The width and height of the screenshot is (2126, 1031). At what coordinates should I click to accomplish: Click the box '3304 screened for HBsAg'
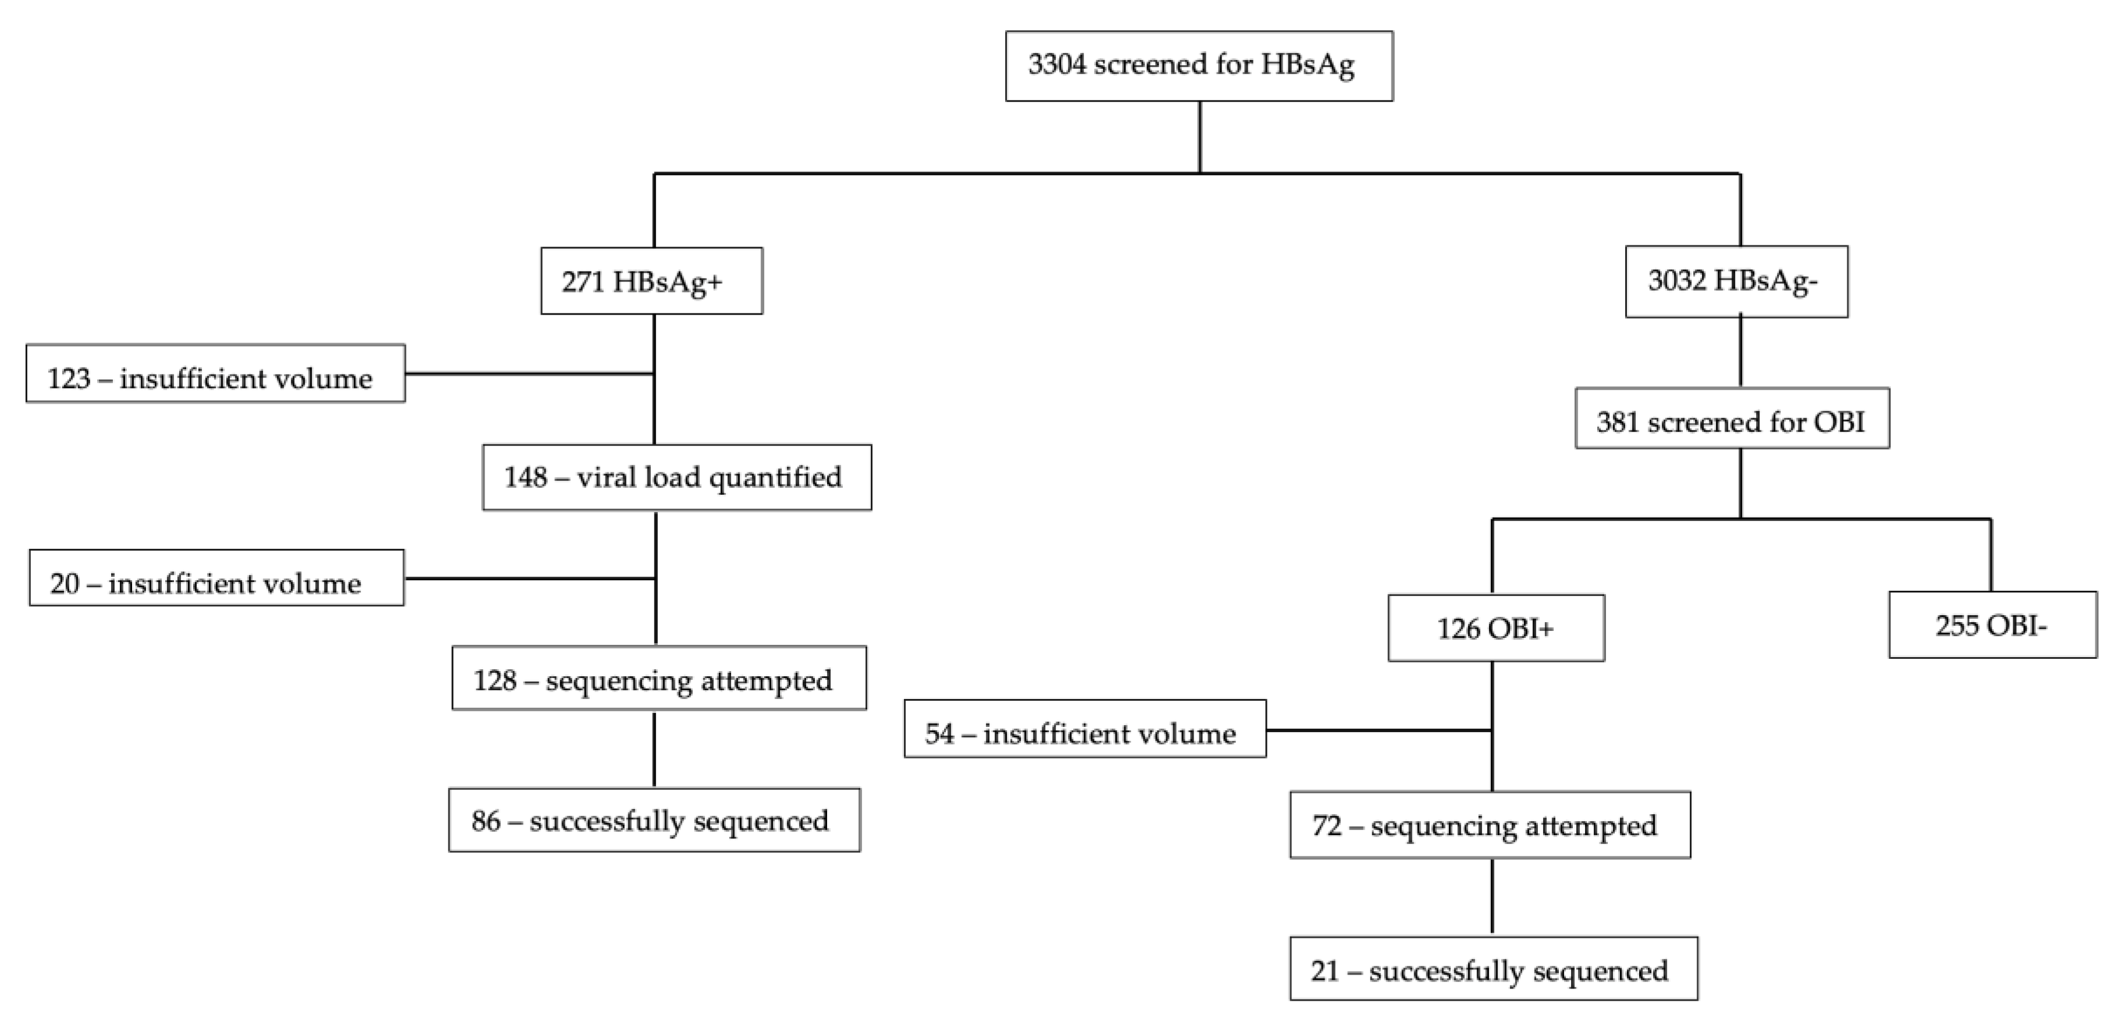[x=1198, y=66]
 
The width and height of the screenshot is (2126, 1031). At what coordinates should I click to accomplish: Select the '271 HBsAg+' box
[x=651, y=281]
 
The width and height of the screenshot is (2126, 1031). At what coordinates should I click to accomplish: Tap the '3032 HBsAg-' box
[x=1736, y=281]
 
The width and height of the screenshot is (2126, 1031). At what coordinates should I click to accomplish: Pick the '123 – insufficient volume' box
[x=215, y=374]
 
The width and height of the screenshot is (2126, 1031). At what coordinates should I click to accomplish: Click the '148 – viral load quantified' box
[x=676, y=477]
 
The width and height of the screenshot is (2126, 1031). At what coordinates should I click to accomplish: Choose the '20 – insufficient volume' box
[x=216, y=578]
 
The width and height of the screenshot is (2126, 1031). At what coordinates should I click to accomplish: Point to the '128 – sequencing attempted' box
[x=658, y=678]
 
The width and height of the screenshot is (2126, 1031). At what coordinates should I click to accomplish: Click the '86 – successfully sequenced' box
[x=654, y=820]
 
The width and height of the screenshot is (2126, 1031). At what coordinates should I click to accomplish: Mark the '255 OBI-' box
[x=1992, y=625]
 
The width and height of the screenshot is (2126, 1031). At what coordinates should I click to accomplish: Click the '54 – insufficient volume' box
[x=1084, y=729]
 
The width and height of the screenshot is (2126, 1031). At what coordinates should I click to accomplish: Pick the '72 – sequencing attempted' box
[x=1490, y=825]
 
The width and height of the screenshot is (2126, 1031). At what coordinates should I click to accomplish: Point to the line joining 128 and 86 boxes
[x=654, y=749]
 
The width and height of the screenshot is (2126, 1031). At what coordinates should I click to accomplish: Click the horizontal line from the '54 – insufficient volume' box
[x=1379, y=730]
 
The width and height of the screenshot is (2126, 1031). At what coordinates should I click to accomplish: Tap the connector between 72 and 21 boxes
[x=1492, y=897]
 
